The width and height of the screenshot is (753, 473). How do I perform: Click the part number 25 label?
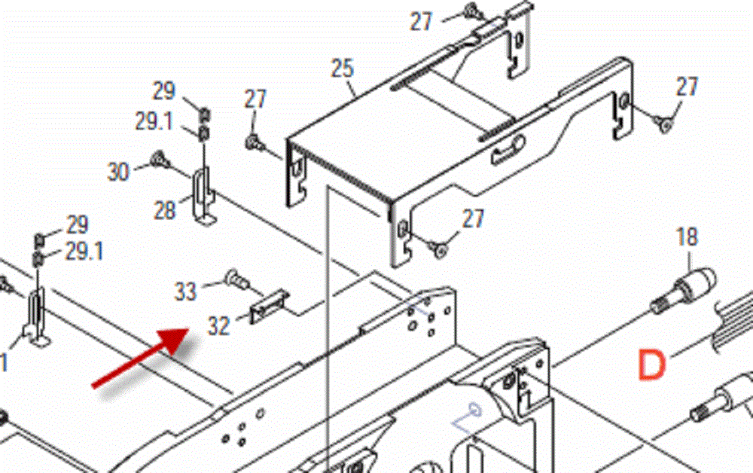(342, 69)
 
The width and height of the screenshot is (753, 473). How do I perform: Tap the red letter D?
(651, 365)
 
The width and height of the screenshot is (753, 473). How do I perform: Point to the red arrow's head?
(175, 340)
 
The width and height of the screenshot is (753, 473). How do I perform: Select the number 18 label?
(687, 237)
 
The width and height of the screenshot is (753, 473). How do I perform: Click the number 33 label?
(185, 291)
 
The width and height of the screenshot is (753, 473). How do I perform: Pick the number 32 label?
(218, 326)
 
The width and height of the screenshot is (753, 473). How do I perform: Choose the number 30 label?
(118, 172)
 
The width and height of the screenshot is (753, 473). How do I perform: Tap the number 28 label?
(165, 210)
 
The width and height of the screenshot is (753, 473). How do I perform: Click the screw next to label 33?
(237, 279)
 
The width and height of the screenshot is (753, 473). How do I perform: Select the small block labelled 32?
(270, 307)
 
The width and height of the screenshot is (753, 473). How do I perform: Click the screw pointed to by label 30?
(160, 160)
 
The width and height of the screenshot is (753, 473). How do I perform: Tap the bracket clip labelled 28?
(203, 195)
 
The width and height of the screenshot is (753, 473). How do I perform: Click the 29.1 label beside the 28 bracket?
(154, 121)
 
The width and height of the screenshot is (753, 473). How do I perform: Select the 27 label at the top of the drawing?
(421, 22)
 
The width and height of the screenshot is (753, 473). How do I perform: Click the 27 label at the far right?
(687, 87)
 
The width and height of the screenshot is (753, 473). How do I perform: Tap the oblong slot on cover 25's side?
(508, 151)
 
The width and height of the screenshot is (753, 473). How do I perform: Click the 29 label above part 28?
(164, 90)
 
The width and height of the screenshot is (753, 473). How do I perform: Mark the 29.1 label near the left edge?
(84, 251)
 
